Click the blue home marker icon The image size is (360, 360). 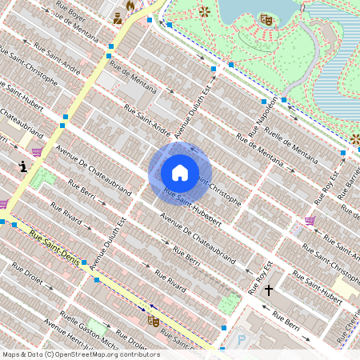click(179, 172)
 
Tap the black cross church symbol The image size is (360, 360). click(269, 289)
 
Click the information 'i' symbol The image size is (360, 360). click(23, 166)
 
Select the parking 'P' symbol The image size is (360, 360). click(242, 341)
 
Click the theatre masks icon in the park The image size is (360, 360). click(266, 19)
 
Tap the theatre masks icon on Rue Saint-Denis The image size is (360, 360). click(153, 321)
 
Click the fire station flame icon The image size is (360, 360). click(130, 6)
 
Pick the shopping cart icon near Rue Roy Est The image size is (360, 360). click(310, 220)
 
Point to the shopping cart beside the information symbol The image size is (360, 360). click(37, 151)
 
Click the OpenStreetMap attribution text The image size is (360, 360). click(80, 354)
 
